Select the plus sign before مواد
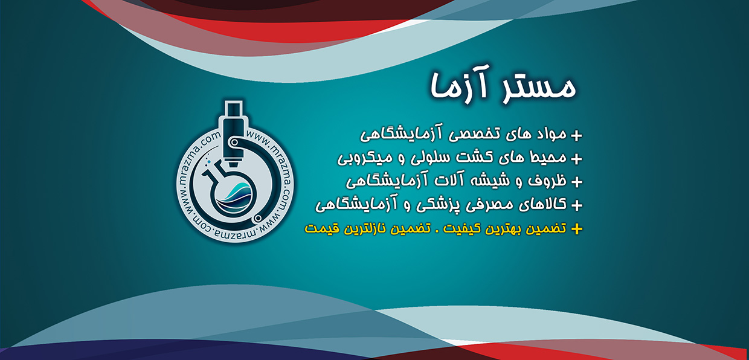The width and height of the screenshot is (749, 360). point(576,135)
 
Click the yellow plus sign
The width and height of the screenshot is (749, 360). point(576,229)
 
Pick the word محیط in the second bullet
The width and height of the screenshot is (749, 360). point(547,157)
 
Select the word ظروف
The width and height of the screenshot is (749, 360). point(547,181)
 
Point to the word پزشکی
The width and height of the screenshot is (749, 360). point(437,205)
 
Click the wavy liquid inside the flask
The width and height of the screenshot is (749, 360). point(234,197)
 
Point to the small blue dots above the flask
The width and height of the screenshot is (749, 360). point(208,160)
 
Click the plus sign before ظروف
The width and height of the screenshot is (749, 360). point(576,182)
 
